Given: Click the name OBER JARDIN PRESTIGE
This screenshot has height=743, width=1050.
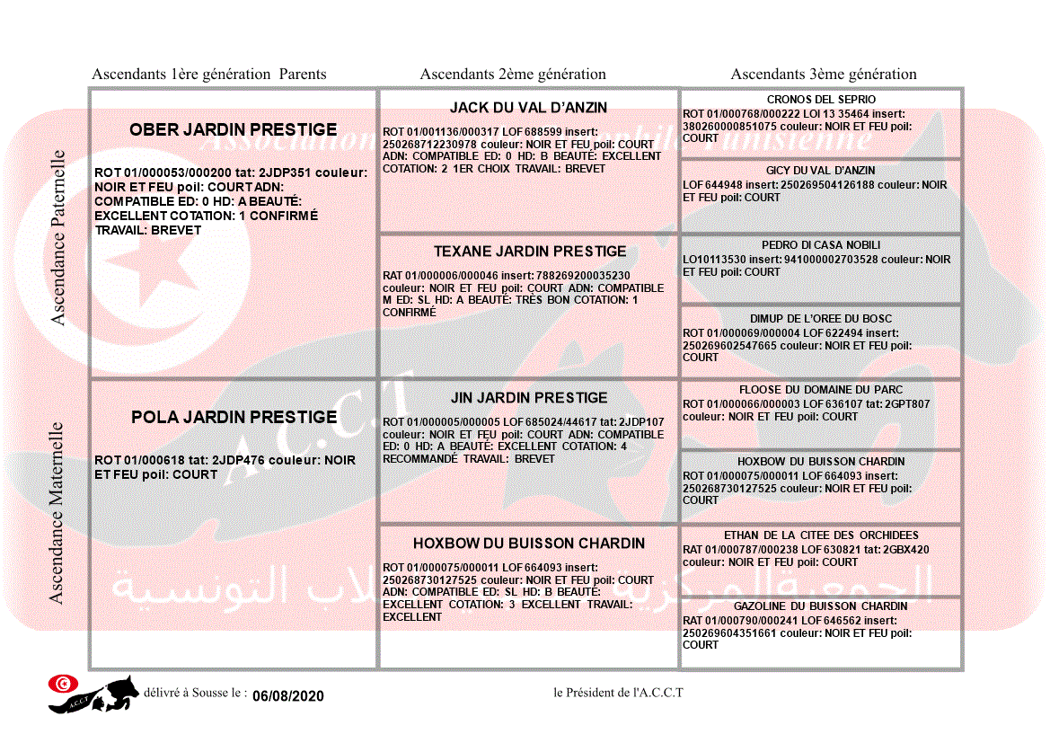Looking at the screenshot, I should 234,129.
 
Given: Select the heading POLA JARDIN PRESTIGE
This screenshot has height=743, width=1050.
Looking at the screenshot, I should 234,417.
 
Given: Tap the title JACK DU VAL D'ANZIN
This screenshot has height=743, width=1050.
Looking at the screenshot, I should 528,107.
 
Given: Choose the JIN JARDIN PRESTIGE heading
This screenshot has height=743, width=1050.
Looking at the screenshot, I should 529,397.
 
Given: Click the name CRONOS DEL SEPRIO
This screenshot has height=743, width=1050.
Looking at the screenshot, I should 821,100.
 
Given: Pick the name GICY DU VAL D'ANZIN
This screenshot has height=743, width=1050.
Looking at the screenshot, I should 821,171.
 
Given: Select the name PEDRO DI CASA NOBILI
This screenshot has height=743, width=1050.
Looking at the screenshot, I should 821,245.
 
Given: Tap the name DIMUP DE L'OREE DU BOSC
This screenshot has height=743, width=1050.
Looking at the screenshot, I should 821,319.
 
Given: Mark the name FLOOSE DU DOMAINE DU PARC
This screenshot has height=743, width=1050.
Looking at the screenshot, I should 821,390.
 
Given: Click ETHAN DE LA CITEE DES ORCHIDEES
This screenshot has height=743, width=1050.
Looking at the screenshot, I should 821,535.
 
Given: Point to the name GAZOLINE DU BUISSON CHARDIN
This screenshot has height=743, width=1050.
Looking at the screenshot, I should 821,606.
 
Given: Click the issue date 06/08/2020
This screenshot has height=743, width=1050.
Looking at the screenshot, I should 287,696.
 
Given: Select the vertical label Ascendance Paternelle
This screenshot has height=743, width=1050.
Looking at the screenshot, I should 58,238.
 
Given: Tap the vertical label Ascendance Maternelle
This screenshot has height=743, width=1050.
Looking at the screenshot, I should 57,512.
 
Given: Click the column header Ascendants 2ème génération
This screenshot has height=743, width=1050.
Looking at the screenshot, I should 513,75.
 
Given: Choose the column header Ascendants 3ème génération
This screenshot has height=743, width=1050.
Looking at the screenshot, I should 824,75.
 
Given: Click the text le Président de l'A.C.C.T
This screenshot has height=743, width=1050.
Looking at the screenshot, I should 618,693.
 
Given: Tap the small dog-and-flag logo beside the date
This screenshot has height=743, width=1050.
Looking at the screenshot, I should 93,694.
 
